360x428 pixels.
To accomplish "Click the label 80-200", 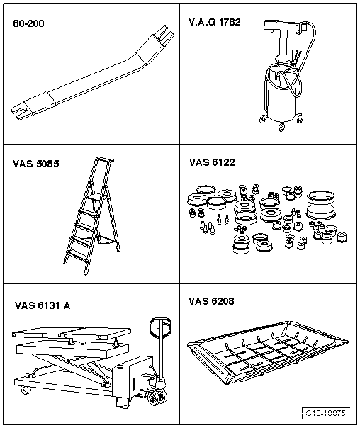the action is click(28, 23).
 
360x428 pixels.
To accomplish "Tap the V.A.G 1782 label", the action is click(215, 22).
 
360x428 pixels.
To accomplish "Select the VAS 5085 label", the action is click(35, 164).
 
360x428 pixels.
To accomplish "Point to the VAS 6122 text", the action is click(212, 162).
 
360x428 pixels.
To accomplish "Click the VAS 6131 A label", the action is click(43, 305).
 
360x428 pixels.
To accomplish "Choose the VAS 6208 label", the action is click(211, 301).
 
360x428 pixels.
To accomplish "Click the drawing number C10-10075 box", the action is click(326, 412).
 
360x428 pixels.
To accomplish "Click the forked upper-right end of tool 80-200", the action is click(165, 35).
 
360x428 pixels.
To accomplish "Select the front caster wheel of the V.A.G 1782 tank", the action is click(281, 127).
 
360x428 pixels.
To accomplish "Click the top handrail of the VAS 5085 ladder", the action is click(105, 159).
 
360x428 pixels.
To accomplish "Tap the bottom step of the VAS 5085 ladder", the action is click(77, 257).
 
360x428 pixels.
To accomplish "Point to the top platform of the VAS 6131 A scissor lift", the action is click(72, 333).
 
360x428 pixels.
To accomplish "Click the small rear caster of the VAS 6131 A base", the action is click(25, 389).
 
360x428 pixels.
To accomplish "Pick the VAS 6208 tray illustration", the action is click(268, 352).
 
